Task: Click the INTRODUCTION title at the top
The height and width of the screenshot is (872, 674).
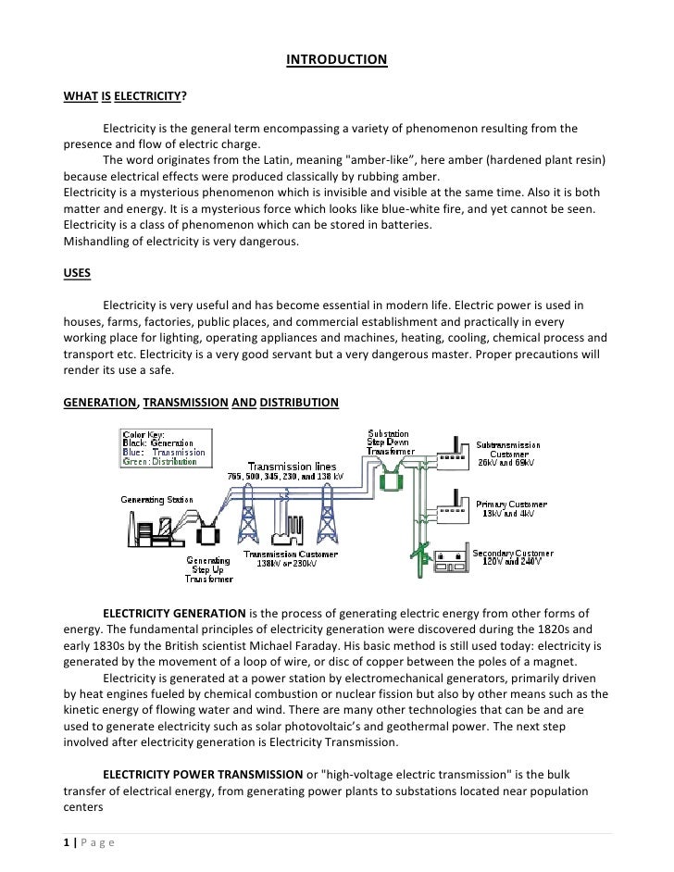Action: [x=337, y=60]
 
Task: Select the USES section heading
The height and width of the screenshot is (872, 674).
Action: [x=77, y=275]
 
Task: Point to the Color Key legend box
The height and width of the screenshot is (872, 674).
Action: [x=164, y=447]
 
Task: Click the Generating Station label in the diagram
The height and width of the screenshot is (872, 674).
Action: [x=156, y=499]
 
